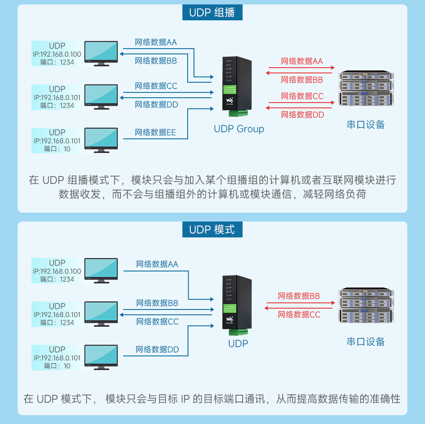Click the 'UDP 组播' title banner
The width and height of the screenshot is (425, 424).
point(212,12)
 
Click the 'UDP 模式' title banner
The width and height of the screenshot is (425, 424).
point(212,230)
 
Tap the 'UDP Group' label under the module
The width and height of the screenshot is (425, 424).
point(239,129)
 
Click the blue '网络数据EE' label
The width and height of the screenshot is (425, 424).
point(155,132)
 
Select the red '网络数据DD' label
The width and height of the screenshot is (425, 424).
point(302,115)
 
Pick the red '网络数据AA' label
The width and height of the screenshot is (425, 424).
point(302,61)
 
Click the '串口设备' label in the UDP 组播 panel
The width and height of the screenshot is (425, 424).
point(366,125)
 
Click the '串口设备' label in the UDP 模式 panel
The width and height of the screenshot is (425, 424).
point(366,341)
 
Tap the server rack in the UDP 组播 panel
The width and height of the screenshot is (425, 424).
point(366,89)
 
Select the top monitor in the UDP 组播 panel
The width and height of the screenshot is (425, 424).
point(101,53)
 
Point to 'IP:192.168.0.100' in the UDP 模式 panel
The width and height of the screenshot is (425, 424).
point(57,271)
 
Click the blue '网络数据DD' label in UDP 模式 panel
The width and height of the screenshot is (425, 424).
point(158,349)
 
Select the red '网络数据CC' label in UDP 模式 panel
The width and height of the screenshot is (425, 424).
point(299,314)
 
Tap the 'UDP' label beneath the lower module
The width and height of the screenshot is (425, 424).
point(238,344)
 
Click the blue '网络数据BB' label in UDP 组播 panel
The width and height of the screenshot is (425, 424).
point(156,61)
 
